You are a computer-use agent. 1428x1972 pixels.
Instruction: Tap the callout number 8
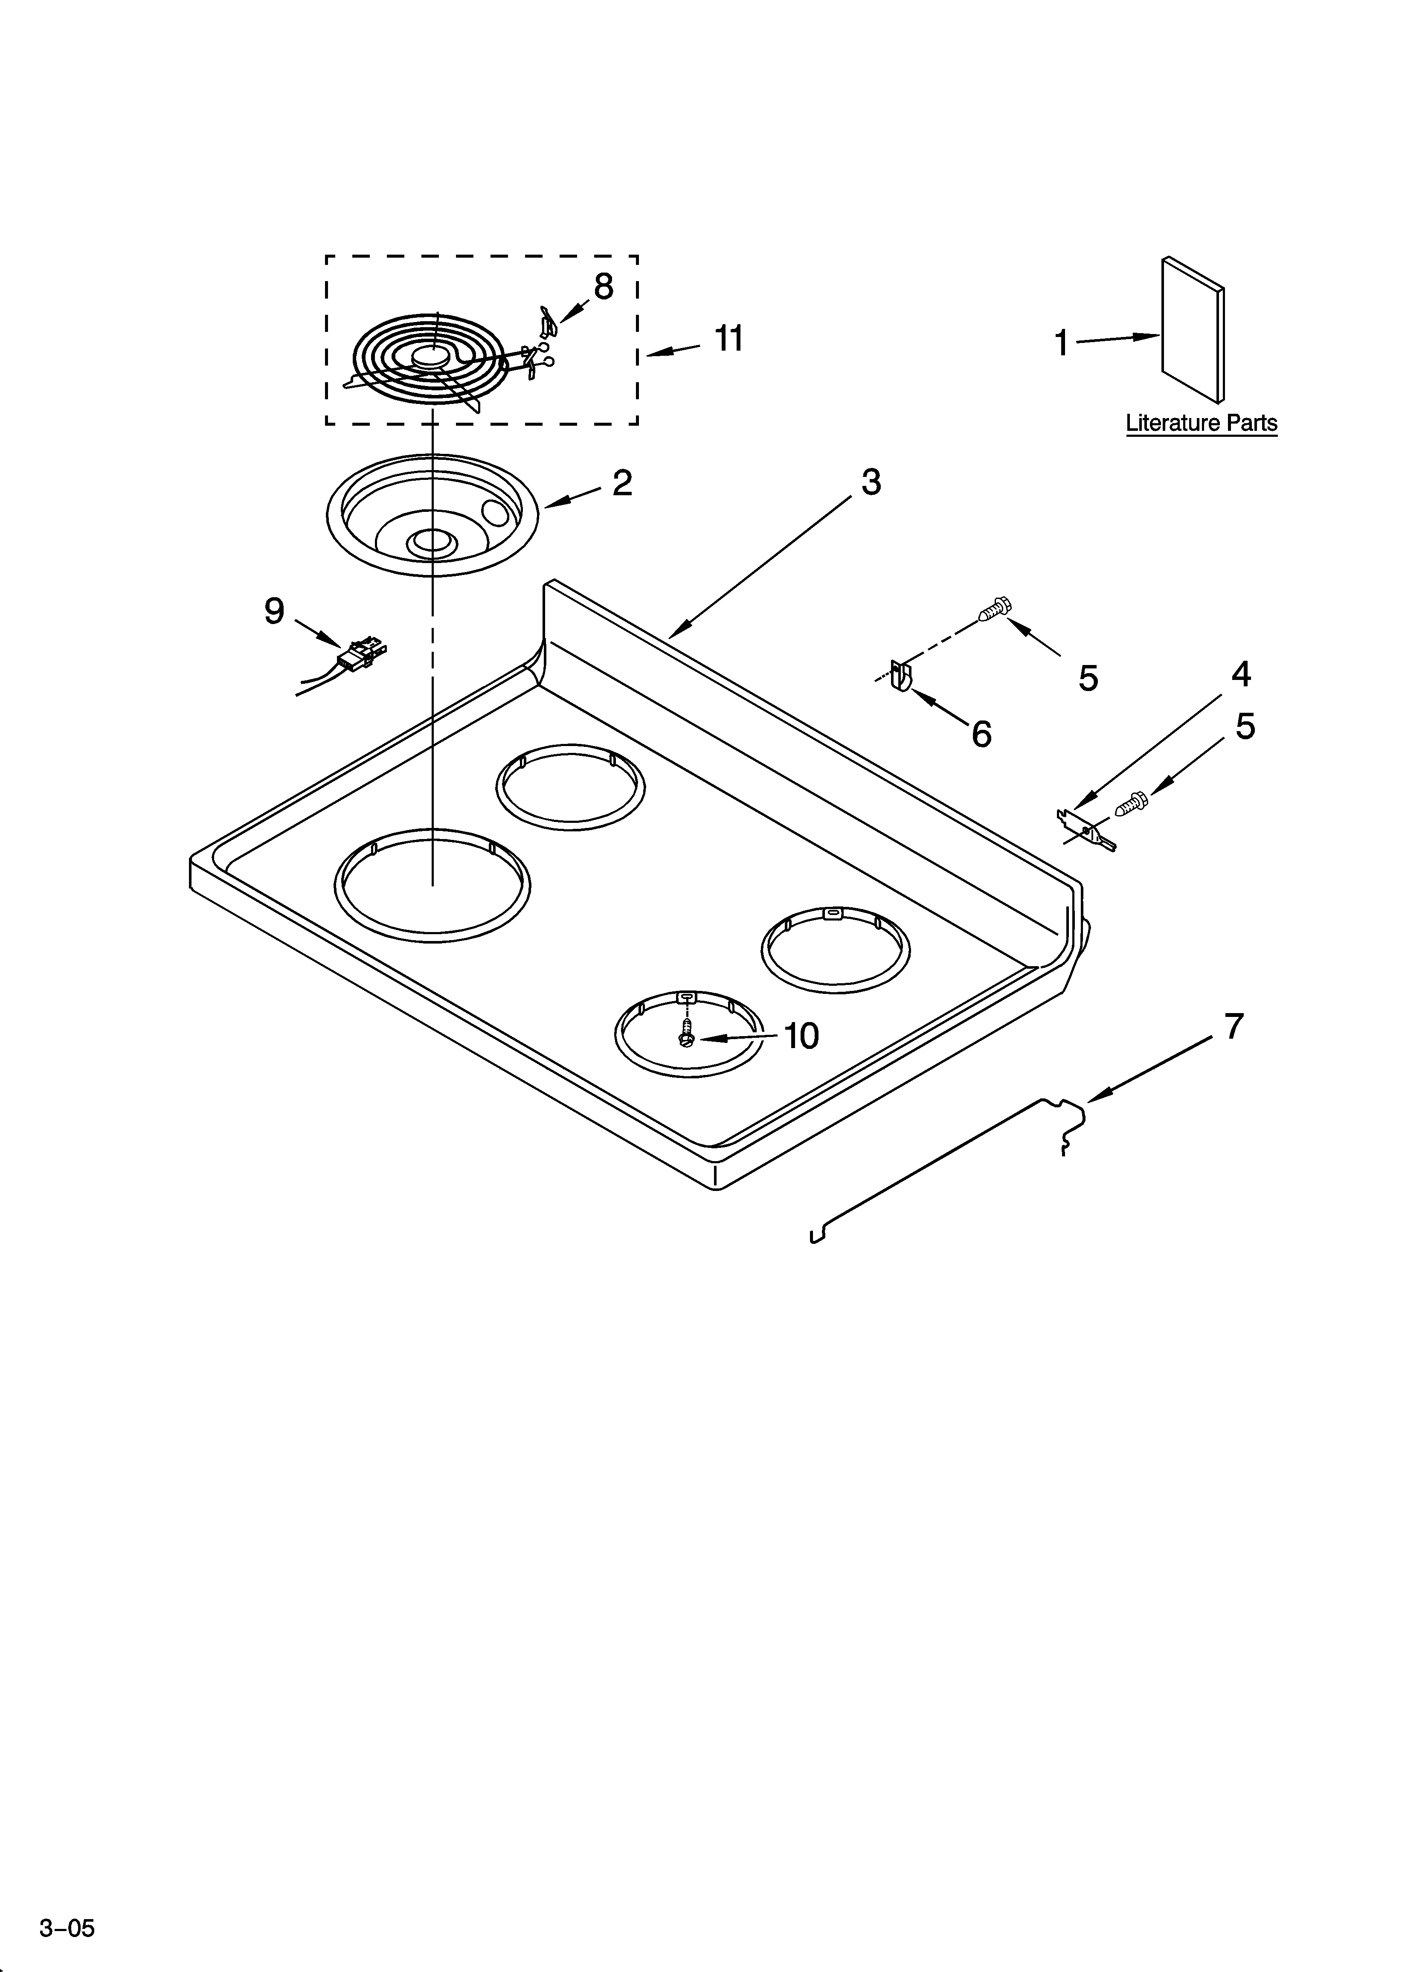(x=604, y=286)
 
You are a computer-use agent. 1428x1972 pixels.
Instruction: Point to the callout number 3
(x=871, y=482)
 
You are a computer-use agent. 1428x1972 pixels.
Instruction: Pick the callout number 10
(x=801, y=1036)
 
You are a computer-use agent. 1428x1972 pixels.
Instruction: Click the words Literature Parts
(x=1201, y=424)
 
